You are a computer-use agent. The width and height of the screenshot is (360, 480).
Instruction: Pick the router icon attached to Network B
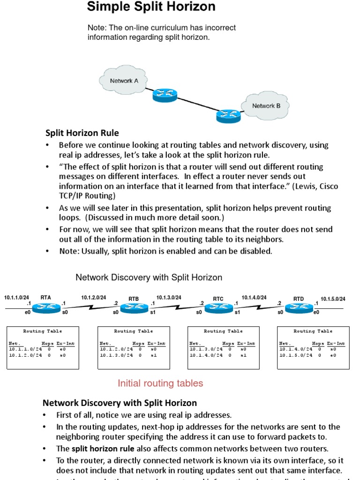pos(228,115)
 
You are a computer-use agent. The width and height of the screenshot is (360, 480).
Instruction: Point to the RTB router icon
pos(134,307)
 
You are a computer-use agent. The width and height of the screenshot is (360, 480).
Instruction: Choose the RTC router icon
pos(218,307)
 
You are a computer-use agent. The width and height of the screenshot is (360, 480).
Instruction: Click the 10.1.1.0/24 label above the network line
pos(17,297)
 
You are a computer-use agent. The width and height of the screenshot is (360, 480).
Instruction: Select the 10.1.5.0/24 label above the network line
pos(333,299)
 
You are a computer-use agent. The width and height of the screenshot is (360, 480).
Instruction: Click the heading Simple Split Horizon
pos(151,7)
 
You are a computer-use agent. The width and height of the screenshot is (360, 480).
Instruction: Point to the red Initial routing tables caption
pos(160,383)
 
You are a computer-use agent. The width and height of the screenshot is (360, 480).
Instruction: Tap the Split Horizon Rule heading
pos(82,133)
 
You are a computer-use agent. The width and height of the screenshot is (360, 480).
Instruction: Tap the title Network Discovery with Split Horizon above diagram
pos(149,277)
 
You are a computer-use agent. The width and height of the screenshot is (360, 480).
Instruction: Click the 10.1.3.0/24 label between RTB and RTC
pos(169,297)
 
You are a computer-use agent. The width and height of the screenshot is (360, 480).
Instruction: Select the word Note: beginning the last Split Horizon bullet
pos(70,251)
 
